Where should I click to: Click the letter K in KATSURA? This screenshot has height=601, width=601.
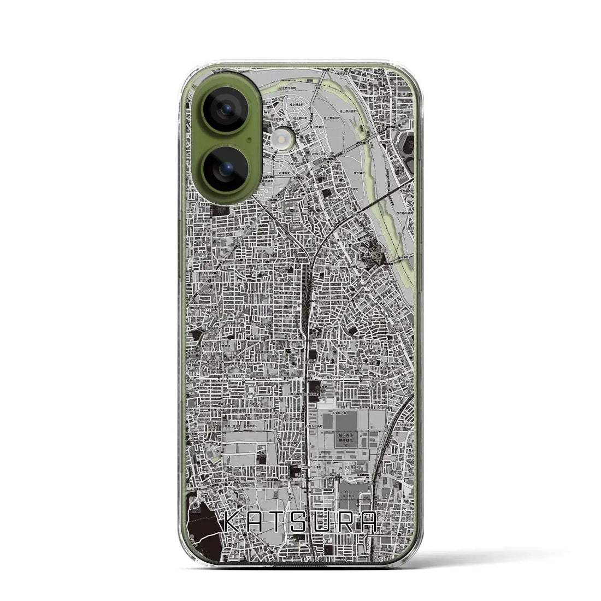[234, 522]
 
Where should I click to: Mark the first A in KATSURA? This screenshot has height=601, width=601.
[256, 522]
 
